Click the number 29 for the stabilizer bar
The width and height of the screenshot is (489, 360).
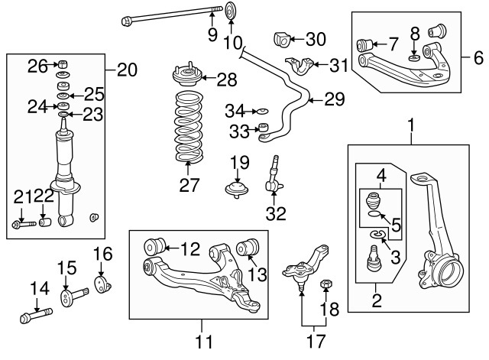tap(334, 99)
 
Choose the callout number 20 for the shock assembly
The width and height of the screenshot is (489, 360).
tap(127, 71)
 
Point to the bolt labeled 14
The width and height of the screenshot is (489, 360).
tap(32, 314)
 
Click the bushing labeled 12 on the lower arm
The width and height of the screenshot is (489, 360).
tap(157, 247)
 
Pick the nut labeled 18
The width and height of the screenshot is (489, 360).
tap(325, 285)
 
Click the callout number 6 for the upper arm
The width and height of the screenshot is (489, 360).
tap(478, 57)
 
